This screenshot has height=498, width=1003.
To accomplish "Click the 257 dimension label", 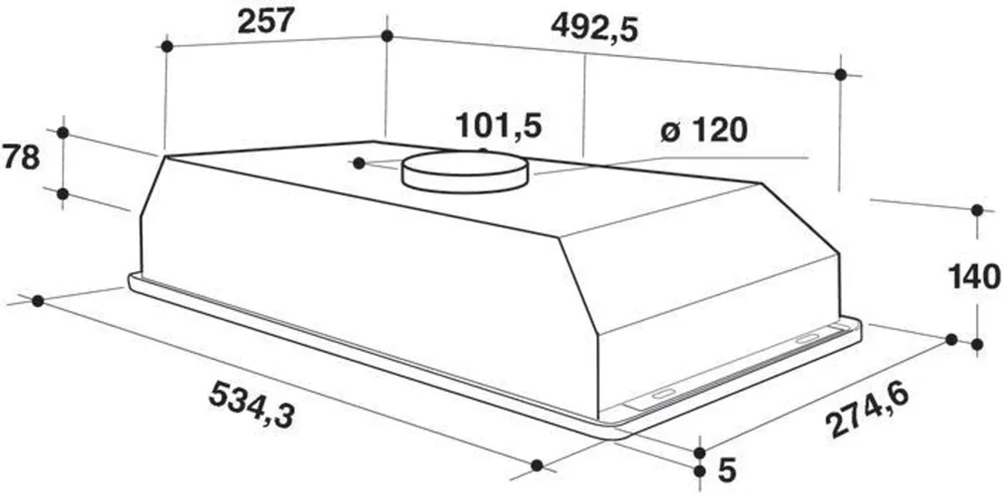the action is pyautogui.click(x=266, y=21).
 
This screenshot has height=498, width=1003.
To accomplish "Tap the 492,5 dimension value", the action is pyautogui.click(x=595, y=28).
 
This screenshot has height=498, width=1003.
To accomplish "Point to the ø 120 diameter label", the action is pyautogui.click(x=704, y=130).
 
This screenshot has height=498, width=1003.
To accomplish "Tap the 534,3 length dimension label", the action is pyautogui.click(x=252, y=405).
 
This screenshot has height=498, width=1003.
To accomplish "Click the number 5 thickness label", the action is pyautogui.click(x=727, y=469).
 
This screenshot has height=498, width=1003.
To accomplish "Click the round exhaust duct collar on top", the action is pyautogui.click(x=465, y=172).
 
